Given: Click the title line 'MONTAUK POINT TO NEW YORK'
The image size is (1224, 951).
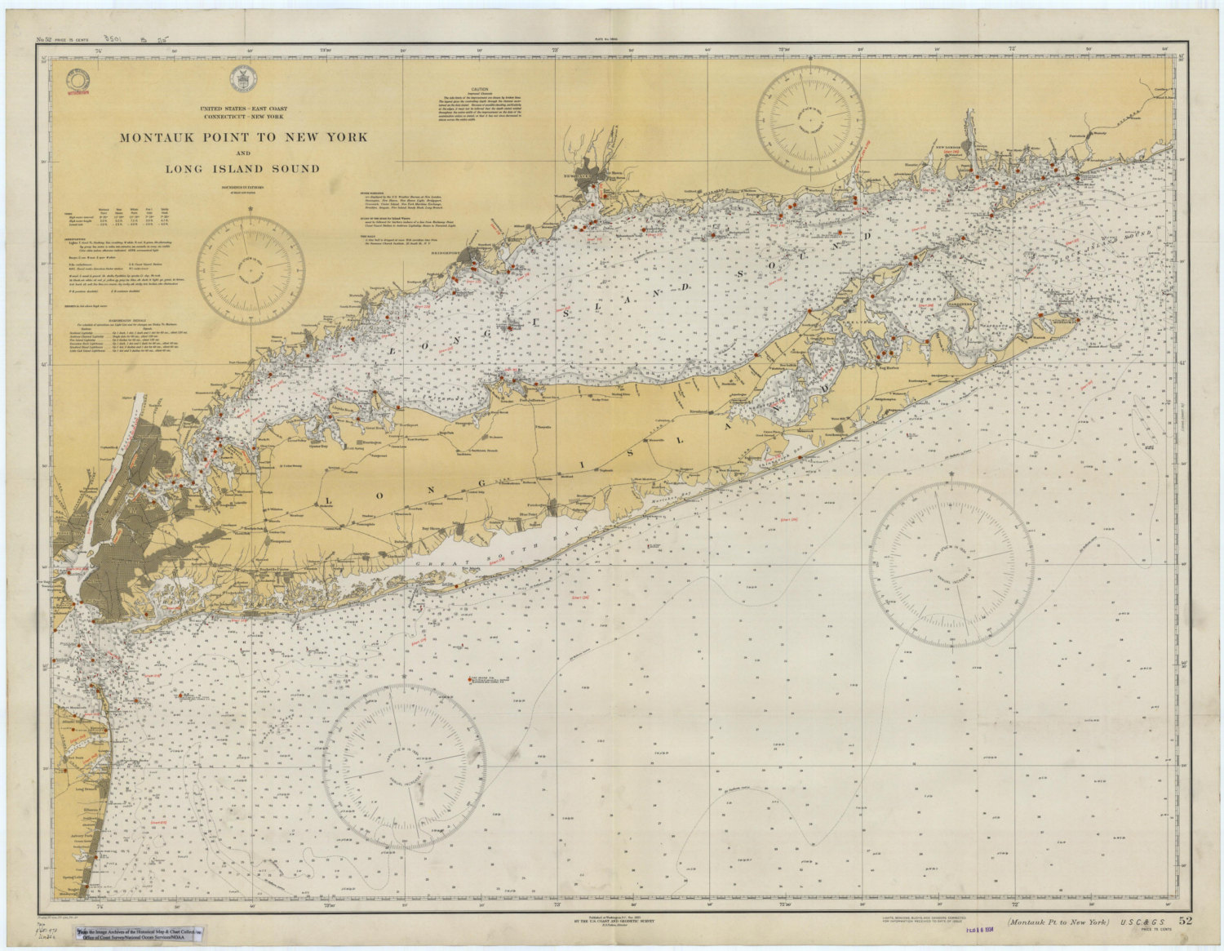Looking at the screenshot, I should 243,137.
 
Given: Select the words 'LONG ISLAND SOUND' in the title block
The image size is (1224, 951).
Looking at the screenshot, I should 243,169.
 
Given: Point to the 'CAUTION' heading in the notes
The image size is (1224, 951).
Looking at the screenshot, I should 479,90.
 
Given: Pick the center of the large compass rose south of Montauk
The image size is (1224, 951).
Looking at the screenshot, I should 951,564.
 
